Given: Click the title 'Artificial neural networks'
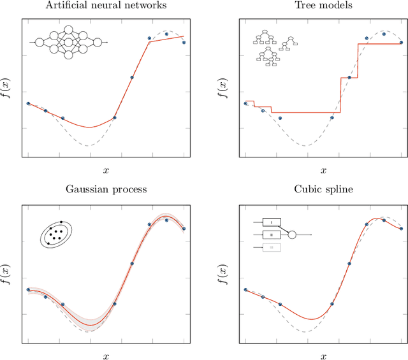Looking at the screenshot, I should (106, 6).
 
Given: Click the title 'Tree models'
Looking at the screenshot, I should (323, 6).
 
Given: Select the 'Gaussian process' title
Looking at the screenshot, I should (106, 189).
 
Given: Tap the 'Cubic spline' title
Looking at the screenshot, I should (323, 189).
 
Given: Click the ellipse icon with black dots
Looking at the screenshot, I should (56, 234).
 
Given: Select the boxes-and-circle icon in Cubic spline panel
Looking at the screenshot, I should (277, 234).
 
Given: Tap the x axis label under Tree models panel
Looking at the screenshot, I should (323, 170).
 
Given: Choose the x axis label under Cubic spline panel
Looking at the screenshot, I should (323, 356).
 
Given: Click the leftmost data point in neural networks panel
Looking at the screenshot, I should (28, 103).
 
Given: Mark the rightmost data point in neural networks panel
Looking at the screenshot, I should (184, 43).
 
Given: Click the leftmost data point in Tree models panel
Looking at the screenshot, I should (245, 103).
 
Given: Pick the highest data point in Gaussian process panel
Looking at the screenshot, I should (166, 220).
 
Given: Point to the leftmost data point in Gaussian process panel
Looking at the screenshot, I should (28, 289).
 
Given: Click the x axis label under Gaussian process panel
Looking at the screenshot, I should (106, 356).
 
